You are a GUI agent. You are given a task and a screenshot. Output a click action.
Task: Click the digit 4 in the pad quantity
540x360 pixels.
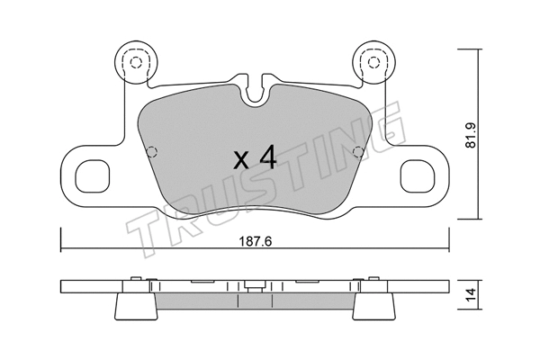265,159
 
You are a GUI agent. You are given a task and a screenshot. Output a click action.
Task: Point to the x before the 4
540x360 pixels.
241,162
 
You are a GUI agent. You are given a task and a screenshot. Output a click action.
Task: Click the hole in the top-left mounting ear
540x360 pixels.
136,62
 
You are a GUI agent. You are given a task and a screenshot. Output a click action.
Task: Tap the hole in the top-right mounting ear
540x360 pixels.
370,62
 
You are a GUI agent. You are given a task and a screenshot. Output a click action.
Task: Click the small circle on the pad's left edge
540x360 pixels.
151,150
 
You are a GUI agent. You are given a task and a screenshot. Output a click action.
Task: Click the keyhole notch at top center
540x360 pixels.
255,88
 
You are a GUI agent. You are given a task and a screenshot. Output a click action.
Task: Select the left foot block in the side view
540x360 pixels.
136,306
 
